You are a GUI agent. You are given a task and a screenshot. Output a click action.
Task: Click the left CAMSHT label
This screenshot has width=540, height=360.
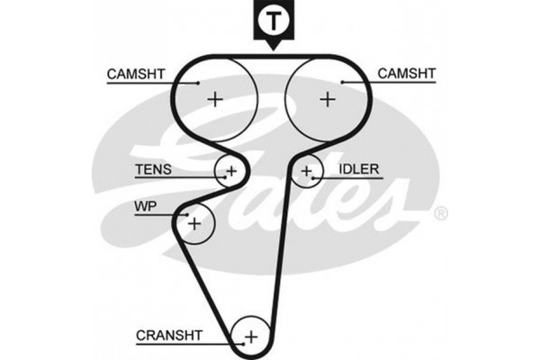[134, 73]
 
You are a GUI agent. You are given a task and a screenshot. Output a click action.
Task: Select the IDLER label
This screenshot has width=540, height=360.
[358, 168]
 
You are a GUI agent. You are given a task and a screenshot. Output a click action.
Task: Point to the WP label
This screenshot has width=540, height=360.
[145, 207]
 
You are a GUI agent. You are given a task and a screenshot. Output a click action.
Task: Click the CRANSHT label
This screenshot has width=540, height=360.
[170, 336]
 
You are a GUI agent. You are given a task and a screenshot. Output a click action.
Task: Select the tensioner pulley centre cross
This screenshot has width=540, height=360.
[230, 169]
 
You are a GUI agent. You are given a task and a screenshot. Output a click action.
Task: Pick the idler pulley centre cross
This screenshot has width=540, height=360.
[308, 169]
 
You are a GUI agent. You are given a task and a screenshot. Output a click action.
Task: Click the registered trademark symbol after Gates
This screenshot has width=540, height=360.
[440, 213]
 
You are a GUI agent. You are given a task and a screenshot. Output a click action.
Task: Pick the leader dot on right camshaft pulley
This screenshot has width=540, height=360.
[343, 82]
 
